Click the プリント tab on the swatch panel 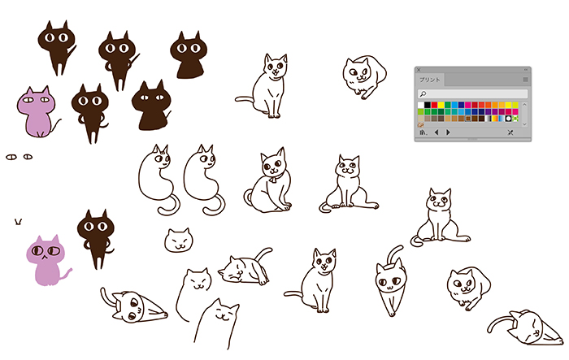[x=430, y=80]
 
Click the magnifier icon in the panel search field [x=423, y=94]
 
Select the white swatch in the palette [x=421, y=106]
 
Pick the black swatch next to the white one [x=428, y=106]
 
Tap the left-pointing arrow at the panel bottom [x=437, y=132]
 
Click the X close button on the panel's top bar [x=419, y=70]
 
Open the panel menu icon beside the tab [x=525, y=80]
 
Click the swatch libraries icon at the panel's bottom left [x=423, y=132]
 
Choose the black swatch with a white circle [x=508, y=119]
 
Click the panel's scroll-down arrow [x=524, y=124]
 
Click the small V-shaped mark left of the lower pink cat [x=18, y=221]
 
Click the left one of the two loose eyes [x=11, y=157]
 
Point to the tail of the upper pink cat [x=56, y=126]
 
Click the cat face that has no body [x=179, y=241]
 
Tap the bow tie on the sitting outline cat [x=274, y=179]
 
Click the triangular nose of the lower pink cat [x=44, y=257]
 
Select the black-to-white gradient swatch [x=489, y=119]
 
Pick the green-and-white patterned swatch [x=515, y=119]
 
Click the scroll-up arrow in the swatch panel [x=524, y=105]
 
